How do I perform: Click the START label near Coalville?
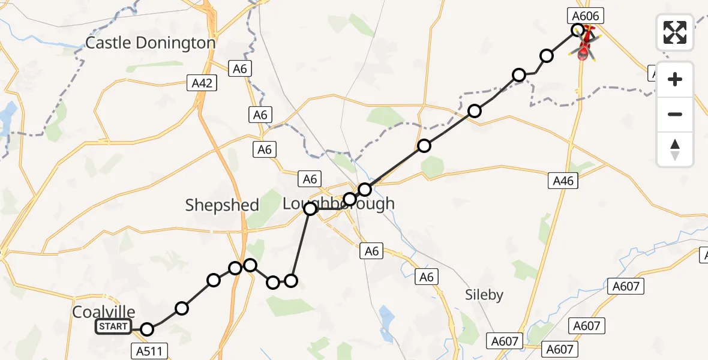tap(113, 327)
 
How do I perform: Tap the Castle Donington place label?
tap(150, 43)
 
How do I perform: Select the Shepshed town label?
tap(222, 205)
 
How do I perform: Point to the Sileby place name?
tap(484, 295)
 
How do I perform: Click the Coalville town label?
tap(103, 312)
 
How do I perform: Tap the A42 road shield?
tap(202, 83)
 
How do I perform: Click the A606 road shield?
tap(585, 16)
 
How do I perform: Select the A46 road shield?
tap(563, 180)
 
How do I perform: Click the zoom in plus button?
tap(675, 79)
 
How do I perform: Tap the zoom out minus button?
tap(675, 114)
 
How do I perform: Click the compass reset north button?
tap(675, 149)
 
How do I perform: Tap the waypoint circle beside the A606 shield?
tap(578, 29)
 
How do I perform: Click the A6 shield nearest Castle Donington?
tap(239, 69)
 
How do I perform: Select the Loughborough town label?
tap(338, 204)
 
